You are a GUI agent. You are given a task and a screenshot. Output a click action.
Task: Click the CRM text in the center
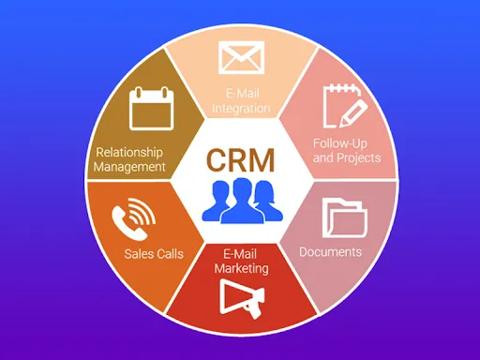(x=240, y=160)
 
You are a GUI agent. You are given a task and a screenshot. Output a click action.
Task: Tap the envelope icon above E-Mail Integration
(x=240, y=58)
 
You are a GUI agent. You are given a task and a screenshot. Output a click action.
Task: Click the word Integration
(x=241, y=109)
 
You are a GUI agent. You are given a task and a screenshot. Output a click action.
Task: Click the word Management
(x=131, y=167)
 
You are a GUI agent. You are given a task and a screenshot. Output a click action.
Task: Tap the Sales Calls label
(x=154, y=253)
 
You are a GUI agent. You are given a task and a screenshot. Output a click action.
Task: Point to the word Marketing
(x=240, y=268)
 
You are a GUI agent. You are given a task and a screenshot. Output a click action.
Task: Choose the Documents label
(x=330, y=252)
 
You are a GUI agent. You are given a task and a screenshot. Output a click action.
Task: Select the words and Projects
(x=347, y=157)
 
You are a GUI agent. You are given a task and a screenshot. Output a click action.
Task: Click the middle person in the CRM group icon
(x=240, y=200)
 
